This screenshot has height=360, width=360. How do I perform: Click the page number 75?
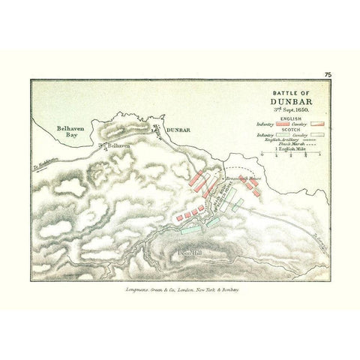click(328, 73)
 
